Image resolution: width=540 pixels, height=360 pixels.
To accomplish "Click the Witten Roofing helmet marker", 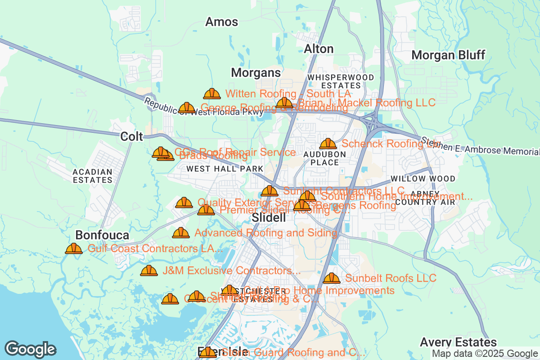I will click(212, 94).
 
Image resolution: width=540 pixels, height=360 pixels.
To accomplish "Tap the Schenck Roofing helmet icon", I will click(328, 144).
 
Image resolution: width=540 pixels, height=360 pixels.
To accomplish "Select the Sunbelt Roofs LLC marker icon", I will click(332, 278).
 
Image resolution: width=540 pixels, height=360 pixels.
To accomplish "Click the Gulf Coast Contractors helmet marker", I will click(74, 248).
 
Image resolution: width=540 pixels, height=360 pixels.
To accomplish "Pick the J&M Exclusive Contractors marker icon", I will click(149, 270).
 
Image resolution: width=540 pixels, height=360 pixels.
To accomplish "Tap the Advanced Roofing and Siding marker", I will click(181, 233).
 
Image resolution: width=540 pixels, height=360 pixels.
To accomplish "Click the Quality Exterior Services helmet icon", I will click(184, 202).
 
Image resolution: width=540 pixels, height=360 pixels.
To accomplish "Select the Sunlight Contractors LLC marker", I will click(270, 191).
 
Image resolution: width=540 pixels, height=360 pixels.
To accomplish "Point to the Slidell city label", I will click(269, 218).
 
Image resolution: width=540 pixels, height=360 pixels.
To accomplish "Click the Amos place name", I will click(221, 22).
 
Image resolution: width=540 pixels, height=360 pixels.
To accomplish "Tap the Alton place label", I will click(319, 49).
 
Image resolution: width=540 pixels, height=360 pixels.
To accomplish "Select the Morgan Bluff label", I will click(448, 55).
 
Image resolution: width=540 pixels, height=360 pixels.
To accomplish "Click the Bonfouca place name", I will click(102, 235).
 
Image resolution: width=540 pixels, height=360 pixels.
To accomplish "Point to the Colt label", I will click(131, 137).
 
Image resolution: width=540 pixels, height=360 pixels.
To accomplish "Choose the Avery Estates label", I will click(458, 342).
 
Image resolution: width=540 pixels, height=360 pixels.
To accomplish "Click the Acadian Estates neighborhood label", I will click(93, 176).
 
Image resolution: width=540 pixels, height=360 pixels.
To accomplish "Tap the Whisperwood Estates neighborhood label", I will click(341, 81).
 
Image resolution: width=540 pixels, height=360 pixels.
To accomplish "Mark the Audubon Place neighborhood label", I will click(324, 158).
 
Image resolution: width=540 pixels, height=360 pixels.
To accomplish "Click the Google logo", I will click(30, 350).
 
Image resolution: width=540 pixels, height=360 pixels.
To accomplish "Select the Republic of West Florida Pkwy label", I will click(204, 108).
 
